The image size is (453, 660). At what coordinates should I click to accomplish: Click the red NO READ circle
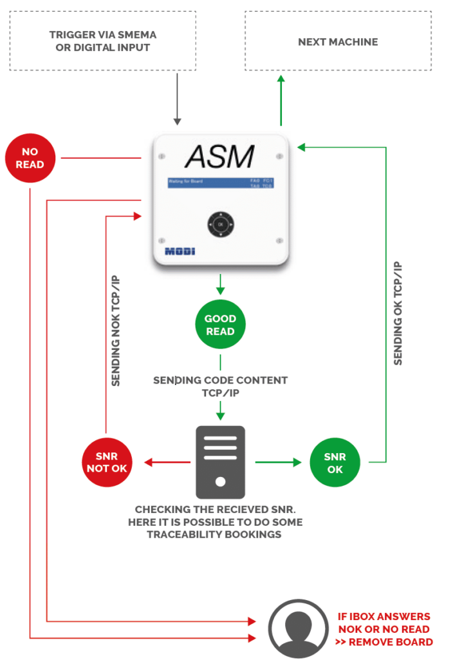coord(30,158)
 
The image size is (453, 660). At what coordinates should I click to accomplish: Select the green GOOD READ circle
coord(220,325)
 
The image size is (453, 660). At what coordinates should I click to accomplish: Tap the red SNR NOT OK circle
coord(107,462)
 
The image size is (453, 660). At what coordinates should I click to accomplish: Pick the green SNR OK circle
coord(335,462)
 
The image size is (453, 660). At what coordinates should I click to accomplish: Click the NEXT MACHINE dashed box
coord(338,42)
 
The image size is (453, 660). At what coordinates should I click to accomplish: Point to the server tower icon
coord(220,463)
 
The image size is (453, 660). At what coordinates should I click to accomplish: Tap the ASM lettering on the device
coord(219,157)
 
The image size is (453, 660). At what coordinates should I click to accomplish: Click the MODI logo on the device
coord(180,251)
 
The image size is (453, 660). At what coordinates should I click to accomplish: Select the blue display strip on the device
coord(220,183)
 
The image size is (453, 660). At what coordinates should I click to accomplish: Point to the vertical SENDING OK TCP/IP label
coord(398,313)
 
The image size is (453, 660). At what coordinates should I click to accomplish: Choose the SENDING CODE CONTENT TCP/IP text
coord(220,386)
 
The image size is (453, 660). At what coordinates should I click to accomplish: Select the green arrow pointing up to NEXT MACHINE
coord(281,99)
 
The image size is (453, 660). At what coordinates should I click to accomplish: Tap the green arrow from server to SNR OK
coord(279,462)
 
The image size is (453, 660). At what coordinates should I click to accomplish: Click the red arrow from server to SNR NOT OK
coord(167,462)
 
